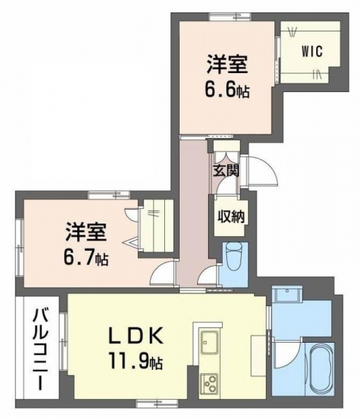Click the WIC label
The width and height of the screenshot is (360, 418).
click(x=312, y=51)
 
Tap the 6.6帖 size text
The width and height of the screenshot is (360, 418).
click(x=227, y=90)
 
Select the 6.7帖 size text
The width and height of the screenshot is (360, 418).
click(x=86, y=258)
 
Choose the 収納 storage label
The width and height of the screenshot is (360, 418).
click(x=230, y=217)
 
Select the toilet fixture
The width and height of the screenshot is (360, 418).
click(x=233, y=256)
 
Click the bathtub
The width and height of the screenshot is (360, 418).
click(x=319, y=373)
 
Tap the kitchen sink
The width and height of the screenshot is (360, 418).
click(x=210, y=342)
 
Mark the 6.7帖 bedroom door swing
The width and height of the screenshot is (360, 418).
click(x=162, y=272)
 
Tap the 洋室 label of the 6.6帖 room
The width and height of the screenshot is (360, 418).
click(x=227, y=64)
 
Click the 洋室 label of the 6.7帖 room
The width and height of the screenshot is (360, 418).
click(x=86, y=231)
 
